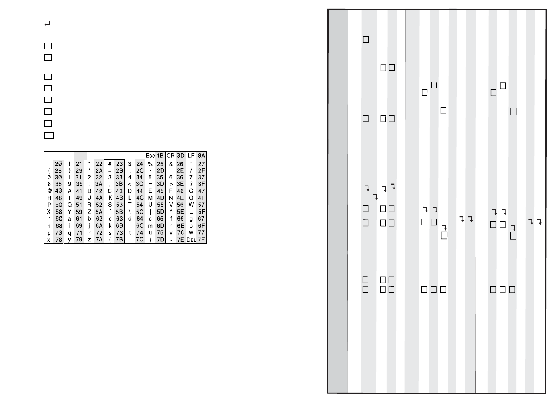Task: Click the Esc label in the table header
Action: click(x=150, y=156)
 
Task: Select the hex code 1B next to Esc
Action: click(x=160, y=156)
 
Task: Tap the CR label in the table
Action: click(x=170, y=156)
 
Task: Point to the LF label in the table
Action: click(x=191, y=156)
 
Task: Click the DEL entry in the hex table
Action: click(x=191, y=240)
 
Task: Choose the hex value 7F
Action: click(x=201, y=240)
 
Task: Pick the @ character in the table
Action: click(x=49, y=191)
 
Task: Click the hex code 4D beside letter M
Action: click(x=160, y=198)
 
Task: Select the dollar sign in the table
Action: click(x=130, y=164)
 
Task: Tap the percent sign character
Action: click(x=150, y=164)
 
